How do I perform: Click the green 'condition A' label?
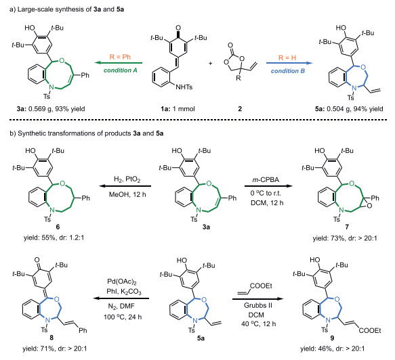coord(121,70)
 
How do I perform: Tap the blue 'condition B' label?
coord(288,71)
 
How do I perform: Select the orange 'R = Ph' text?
coord(120,57)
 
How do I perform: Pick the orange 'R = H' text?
coord(287,58)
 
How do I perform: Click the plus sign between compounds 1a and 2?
coord(210,64)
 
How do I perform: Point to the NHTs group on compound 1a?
coord(184,87)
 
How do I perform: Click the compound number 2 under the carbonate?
coord(240,109)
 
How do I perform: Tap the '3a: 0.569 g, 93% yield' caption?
coord(51,109)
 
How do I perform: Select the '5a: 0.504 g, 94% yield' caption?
coord(349,109)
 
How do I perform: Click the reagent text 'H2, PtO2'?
coord(127,179)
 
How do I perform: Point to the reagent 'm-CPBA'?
coord(266,179)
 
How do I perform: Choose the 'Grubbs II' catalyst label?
coord(258,305)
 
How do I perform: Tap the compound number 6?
coord(58,227)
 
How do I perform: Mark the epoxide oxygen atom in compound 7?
coord(369,206)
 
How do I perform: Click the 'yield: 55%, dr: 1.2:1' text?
coord(54,238)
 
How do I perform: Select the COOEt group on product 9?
coord(370,330)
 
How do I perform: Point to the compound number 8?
coord(51,338)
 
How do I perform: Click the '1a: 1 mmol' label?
coord(178,109)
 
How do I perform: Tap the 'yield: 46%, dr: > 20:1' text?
coord(332,348)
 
